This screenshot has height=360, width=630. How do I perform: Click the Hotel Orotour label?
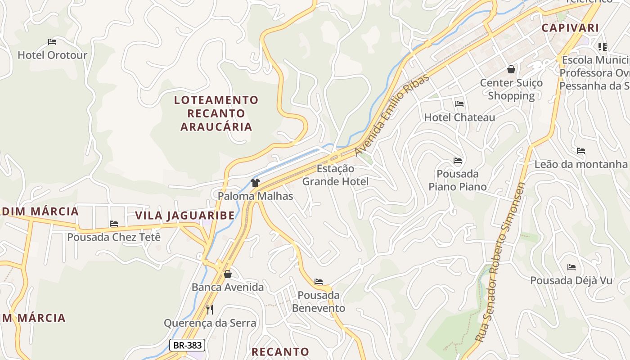click(52, 55)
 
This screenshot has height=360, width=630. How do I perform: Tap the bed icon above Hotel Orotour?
click(52, 42)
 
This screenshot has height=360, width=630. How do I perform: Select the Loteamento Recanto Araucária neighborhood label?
click(216, 113)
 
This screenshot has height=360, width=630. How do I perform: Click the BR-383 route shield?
click(187, 345)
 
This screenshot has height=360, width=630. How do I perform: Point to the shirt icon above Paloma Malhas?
click(255, 182)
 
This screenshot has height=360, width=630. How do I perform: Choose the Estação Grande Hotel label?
click(335, 175)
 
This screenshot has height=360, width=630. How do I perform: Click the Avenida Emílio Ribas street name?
click(392, 115)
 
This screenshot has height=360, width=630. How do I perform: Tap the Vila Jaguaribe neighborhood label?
click(185, 215)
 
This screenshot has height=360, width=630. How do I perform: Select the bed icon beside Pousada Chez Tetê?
click(114, 224)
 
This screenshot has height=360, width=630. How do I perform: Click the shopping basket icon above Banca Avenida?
click(228, 274)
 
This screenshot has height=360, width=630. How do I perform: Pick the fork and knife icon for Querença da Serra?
click(209, 309)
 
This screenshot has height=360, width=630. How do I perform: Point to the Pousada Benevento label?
click(319, 301)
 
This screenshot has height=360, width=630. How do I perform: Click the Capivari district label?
click(570, 28)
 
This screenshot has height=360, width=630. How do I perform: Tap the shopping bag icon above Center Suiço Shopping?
click(511, 69)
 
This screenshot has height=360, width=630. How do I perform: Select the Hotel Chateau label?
click(459, 117)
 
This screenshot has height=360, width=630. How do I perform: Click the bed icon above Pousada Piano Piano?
click(458, 160)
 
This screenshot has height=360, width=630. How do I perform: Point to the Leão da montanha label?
click(580, 164)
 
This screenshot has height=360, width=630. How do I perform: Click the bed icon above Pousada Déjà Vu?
click(571, 267)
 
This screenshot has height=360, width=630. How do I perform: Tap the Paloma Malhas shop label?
click(255, 196)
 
